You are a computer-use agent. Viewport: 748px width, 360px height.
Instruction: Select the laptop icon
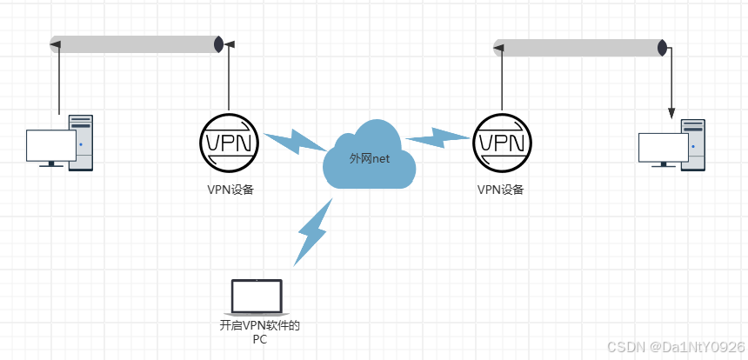click(x=256, y=297)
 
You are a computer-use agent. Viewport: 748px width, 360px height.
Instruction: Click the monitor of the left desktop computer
click(x=50, y=146)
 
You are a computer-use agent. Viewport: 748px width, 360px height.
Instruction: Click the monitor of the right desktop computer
click(x=663, y=148)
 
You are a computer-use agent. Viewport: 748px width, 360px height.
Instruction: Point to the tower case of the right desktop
click(x=692, y=144)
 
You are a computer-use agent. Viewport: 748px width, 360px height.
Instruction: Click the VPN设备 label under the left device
click(x=230, y=190)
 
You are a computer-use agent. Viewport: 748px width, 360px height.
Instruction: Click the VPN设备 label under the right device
click(x=501, y=189)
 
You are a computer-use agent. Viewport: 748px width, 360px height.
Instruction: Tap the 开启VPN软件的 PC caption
click(x=259, y=333)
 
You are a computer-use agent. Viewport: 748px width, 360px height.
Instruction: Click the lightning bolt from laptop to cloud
click(x=314, y=231)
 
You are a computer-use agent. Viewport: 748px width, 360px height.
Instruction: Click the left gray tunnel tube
click(x=135, y=44)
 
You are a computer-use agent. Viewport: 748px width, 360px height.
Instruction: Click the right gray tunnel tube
click(x=578, y=48)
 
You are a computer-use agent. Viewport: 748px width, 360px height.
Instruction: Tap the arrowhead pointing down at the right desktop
click(x=671, y=113)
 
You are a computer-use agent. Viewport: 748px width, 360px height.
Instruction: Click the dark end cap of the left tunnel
click(x=219, y=44)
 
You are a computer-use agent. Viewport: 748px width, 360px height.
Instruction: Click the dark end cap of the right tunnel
click(x=662, y=48)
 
